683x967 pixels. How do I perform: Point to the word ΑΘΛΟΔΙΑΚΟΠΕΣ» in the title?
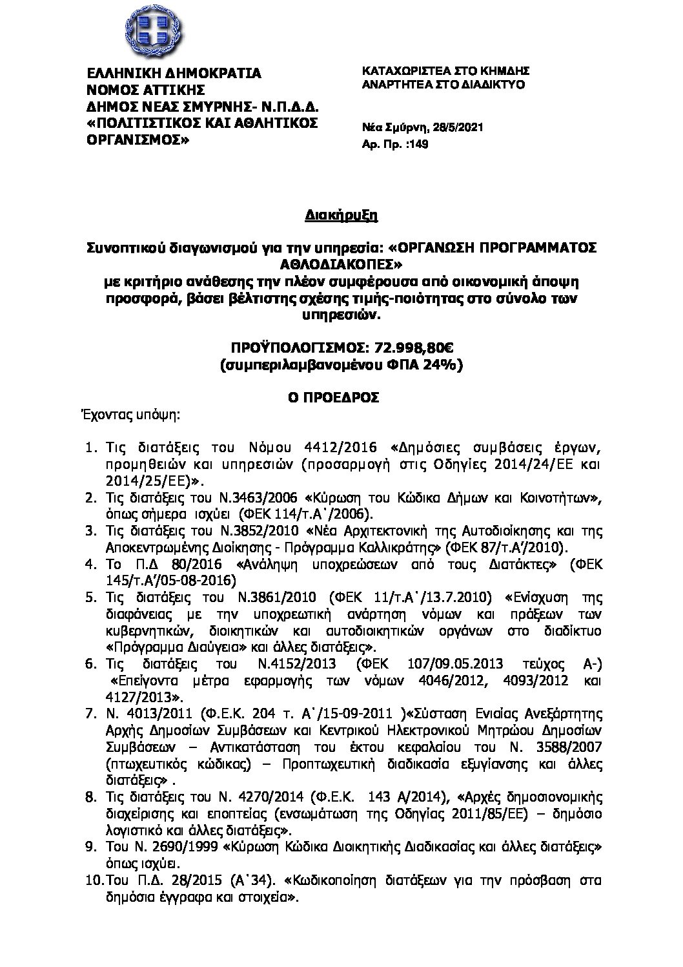click(342, 264)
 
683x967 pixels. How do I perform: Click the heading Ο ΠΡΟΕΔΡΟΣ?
click(341, 397)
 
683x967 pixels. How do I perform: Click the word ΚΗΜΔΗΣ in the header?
click(504, 70)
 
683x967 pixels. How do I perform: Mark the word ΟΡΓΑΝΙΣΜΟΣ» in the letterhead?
click(138, 139)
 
